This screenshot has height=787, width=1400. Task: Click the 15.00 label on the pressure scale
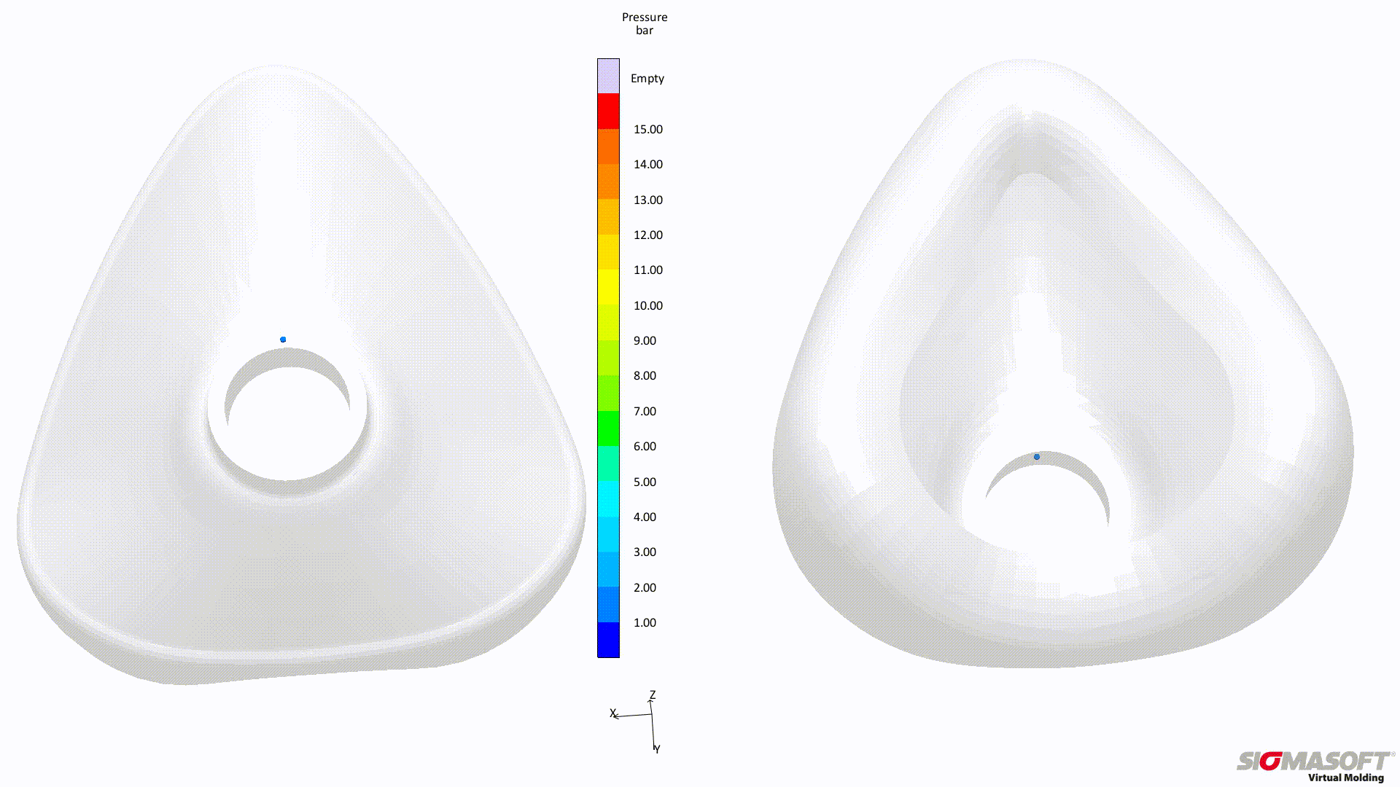click(x=647, y=129)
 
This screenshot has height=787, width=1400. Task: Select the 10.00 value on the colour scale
click(x=647, y=305)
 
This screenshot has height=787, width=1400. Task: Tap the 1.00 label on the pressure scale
click(x=645, y=622)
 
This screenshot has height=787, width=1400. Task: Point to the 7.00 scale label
click(x=645, y=411)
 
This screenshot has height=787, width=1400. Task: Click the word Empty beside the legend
click(x=647, y=78)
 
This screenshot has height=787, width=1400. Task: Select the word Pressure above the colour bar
click(x=645, y=17)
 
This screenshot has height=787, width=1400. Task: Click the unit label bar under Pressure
click(x=645, y=30)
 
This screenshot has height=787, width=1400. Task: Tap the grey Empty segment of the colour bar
click(x=608, y=76)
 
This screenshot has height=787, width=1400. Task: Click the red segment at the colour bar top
click(x=608, y=111)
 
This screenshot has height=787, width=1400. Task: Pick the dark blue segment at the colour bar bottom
click(x=608, y=640)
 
